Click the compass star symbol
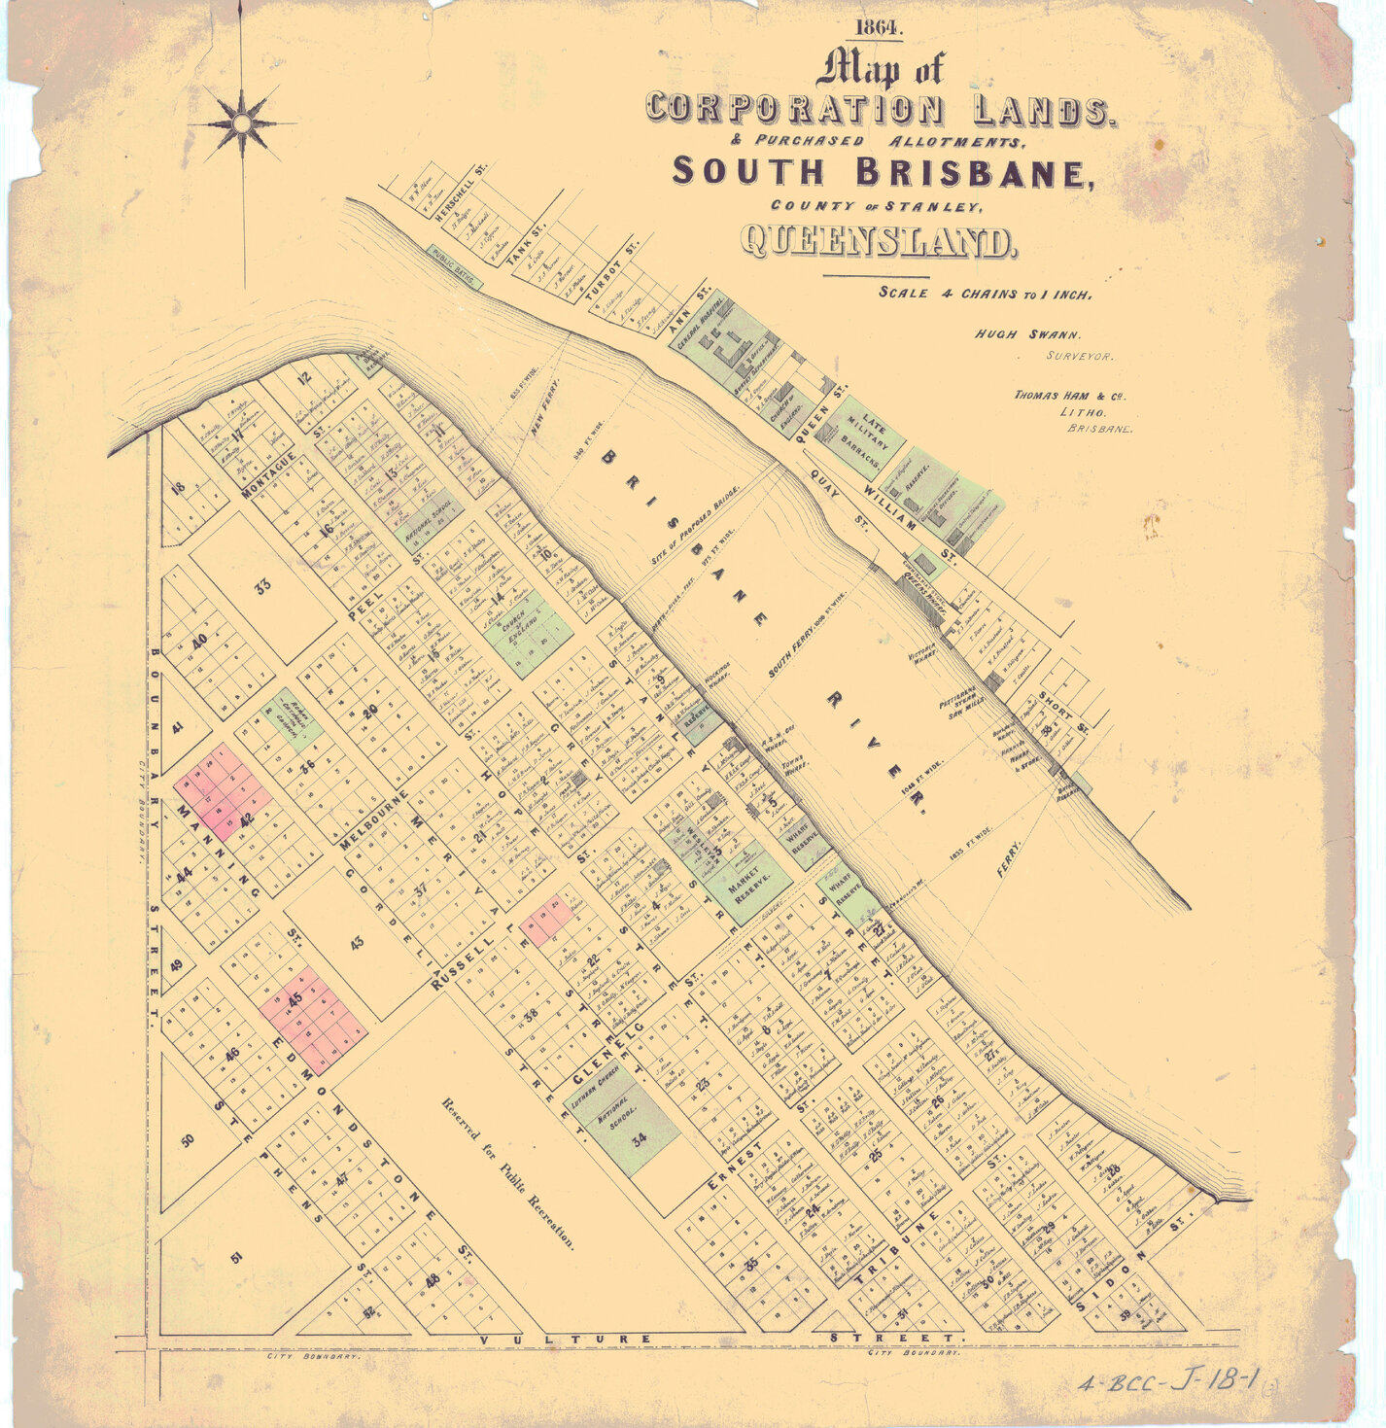241,123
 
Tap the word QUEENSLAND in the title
879,242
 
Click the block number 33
262,586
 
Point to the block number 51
236,1258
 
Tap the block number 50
188,1138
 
